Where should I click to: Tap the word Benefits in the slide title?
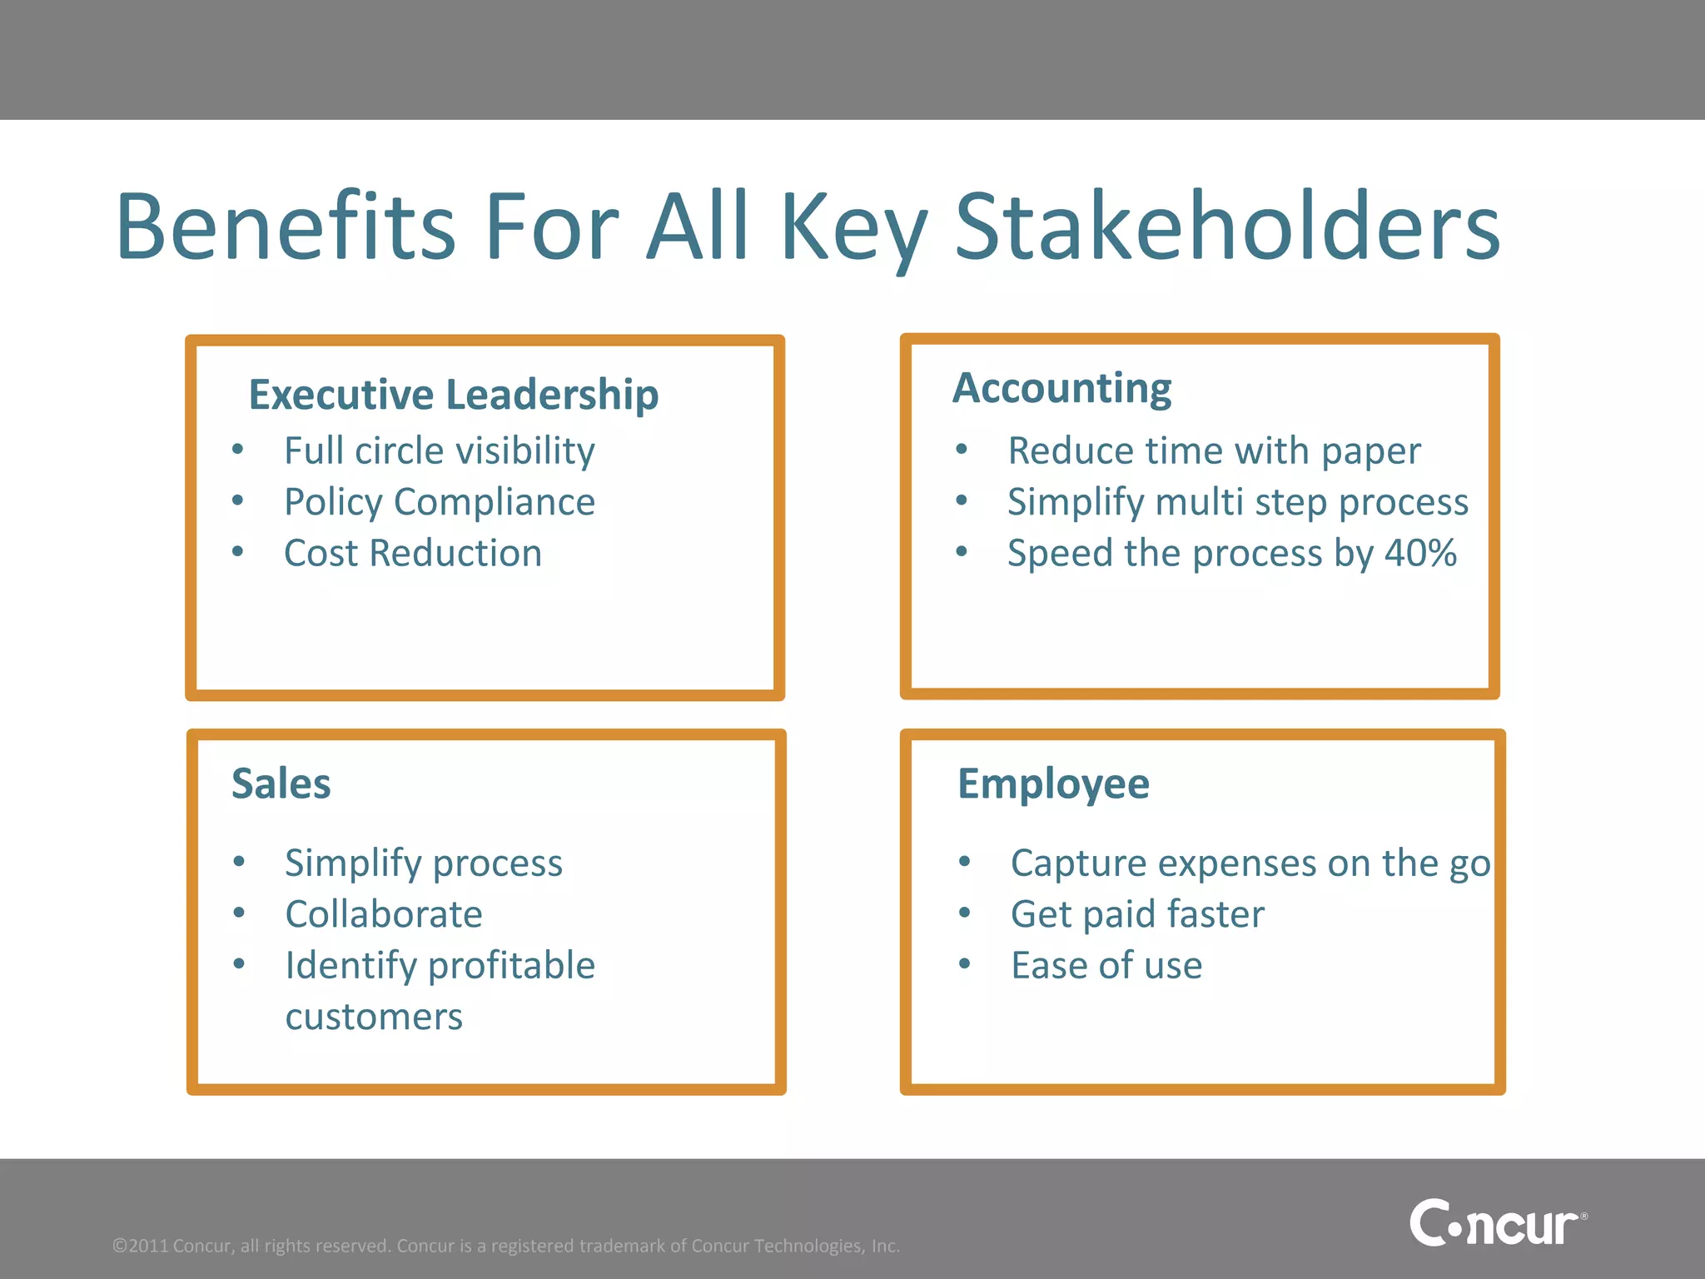pyautogui.click(x=286, y=226)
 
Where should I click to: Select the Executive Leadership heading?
pyautogui.click(x=454, y=394)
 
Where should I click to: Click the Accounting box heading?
pyautogui.click(x=1061, y=388)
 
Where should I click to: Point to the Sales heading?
pyautogui.click(x=281, y=784)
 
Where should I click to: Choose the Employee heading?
pyautogui.click(x=1053, y=784)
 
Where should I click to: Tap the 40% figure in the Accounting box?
pyautogui.click(x=1420, y=553)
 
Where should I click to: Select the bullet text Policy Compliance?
pyautogui.click(x=440, y=502)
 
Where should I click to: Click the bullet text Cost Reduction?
pyautogui.click(x=413, y=553)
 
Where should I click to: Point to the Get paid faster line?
pyautogui.click(x=1137, y=914)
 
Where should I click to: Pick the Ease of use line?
pyautogui.click(x=1106, y=966)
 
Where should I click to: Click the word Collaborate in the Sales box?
pyautogui.click(x=384, y=914)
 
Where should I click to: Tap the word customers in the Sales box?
pyautogui.click(x=374, y=1017)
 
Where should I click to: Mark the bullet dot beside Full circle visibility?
pyautogui.click(x=238, y=450)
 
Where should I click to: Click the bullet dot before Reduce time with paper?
pyautogui.click(x=962, y=450)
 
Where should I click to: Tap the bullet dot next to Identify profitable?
pyautogui.click(x=239, y=964)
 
